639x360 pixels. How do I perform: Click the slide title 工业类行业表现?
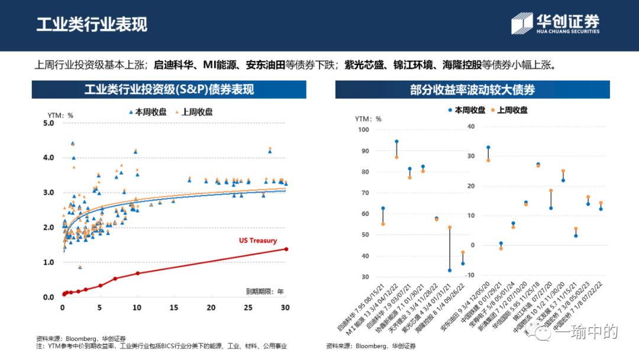[92, 24]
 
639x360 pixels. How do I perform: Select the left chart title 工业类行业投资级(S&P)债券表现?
[169, 89]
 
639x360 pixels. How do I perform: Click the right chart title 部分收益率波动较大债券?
[472, 89]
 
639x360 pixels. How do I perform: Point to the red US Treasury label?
[258, 241]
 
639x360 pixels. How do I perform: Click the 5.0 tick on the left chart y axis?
[49, 123]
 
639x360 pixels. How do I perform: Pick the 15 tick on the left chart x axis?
[174, 307]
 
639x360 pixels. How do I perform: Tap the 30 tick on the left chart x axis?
[285, 307]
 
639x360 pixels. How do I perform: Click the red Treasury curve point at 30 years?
[286, 249]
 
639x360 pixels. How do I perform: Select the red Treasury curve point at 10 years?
[137, 273]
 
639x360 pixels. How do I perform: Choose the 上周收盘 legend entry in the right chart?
[508, 110]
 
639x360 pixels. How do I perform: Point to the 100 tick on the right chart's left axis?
[363, 130]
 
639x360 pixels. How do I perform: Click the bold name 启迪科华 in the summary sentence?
[172, 64]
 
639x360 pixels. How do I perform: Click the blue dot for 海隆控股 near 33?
[450, 271]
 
